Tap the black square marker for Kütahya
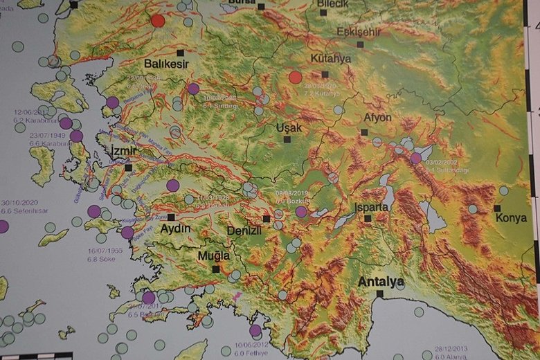(325, 74)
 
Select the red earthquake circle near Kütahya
(296, 77)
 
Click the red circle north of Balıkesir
(158, 21)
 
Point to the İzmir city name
(124, 150)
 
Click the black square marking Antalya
(379, 294)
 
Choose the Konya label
(511, 217)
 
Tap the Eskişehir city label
(359, 31)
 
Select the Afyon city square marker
(364, 132)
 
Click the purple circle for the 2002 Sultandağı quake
(415, 158)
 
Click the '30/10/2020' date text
(19, 203)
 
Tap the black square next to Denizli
(267, 219)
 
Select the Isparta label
(372, 207)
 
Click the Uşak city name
(289, 128)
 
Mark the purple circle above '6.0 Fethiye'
(255, 330)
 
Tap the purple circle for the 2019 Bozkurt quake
(301, 212)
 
